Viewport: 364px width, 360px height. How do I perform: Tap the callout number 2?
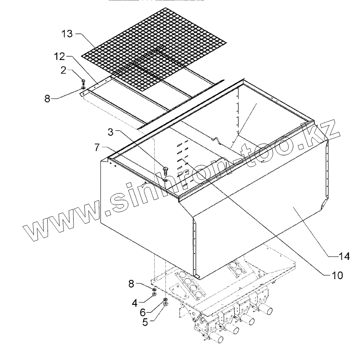click(64, 70)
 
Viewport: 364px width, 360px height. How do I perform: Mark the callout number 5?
click(144, 323)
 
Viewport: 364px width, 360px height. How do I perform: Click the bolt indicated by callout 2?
click(83, 81)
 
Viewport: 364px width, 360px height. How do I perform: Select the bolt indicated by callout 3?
click(165, 170)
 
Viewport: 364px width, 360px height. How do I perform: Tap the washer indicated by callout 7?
click(166, 180)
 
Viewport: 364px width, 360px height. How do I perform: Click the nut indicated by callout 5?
click(166, 304)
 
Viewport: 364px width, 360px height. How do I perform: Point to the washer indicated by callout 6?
click(166, 299)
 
